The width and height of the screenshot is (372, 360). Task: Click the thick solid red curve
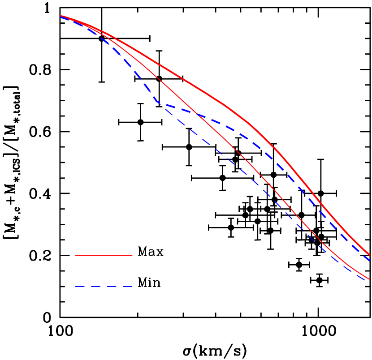click(x=188, y=82)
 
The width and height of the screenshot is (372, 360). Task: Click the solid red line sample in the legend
click(x=104, y=255)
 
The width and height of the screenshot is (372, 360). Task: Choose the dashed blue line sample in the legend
click(x=104, y=287)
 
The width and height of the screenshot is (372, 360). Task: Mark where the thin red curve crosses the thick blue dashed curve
click(x=198, y=115)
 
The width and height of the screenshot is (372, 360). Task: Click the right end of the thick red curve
click(x=369, y=255)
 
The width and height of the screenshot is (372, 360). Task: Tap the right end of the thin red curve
click(x=369, y=279)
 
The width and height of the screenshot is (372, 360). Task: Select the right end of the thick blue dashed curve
click(x=370, y=260)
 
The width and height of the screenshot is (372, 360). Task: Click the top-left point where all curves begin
click(x=61, y=16)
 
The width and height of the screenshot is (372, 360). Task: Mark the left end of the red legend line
click(x=76, y=255)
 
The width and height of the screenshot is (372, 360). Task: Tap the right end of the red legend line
click(x=132, y=255)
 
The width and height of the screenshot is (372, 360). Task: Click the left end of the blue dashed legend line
click(x=76, y=287)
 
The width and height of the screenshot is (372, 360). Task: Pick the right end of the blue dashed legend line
click(x=132, y=287)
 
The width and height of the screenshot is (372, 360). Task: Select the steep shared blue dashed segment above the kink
click(x=134, y=69)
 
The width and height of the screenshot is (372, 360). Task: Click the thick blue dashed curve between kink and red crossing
click(x=177, y=108)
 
